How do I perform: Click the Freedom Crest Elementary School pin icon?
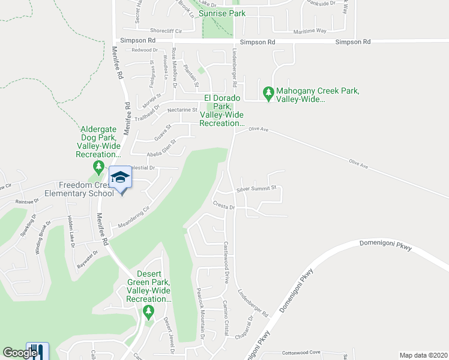(120, 178)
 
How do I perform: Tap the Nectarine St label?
(182, 110)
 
